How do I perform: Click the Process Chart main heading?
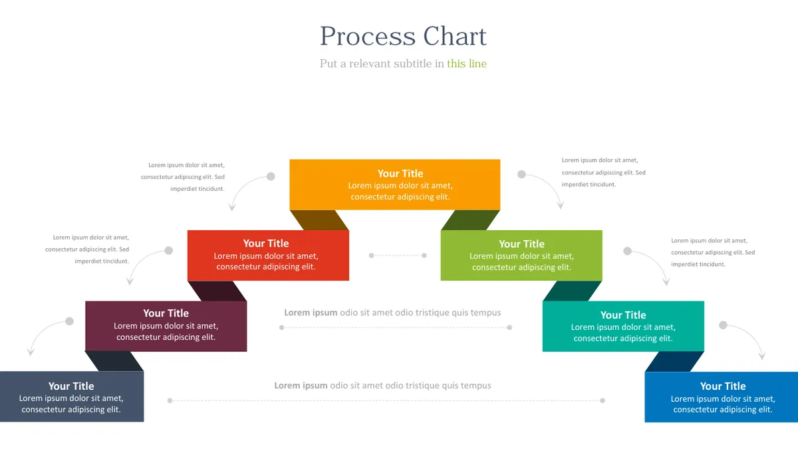pyautogui.click(x=403, y=36)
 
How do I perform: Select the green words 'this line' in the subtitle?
pyautogui.click(x=467, y=63)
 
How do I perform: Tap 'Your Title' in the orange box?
pyautogui.click(x=400, y=174)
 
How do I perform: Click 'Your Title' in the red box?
pyautogui.click(x=266, y=243)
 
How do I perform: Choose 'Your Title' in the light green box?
pyautogui.click(x=521, y=244)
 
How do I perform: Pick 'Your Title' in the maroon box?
pyautogui.click(x=166, y=313)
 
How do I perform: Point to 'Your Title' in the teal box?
pyautogui.click(x=623, y=315)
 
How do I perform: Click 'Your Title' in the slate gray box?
pyautogui.click(x=71, y=386)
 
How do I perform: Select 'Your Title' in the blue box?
pyautogui.click(x=723, y=386)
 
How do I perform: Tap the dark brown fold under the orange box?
pyautogui.click(x=319, y=220)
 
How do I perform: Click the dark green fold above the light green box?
pyautogui.click(x=470, y=220)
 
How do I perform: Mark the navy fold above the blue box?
pyautogui.click(x=674, y=361)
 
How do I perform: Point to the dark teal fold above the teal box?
pyautogui.click(x=573, y=291)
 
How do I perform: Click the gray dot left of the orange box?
pyautogui.click(x=271, y=176)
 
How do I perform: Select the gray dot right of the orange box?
pyautogui.click(x=521, y=174)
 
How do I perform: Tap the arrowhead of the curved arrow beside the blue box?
pyautogui.click(x=762, y=356)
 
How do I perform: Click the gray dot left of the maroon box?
pyautogui.click(x=69, y=321)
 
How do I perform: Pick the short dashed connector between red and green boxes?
pyautogui.click(x=398, y=255)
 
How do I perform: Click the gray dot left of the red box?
pyautogui.click(x=168, y=251)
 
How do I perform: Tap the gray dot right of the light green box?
pyautogui.click(x=627, y=251)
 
